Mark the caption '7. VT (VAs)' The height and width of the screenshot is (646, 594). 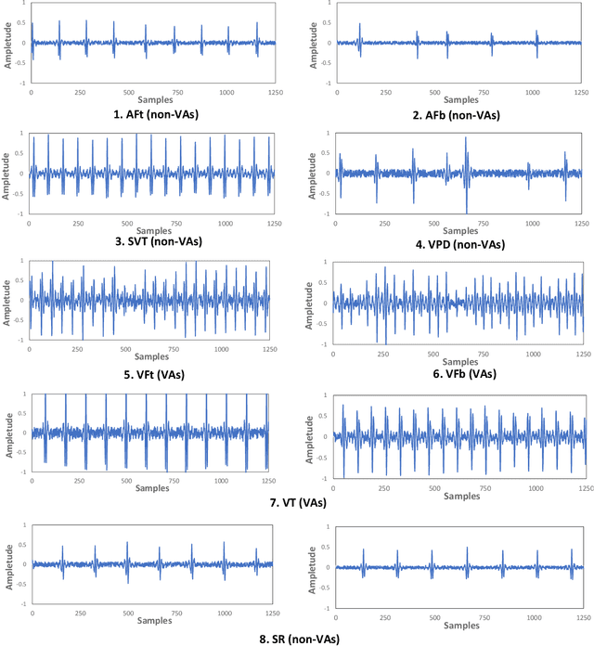(299, 502)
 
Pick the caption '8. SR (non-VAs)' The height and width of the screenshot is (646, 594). (299, 639)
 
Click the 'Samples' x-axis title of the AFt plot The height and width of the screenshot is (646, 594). (155, 98)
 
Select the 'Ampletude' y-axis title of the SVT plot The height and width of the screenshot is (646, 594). (10, 173)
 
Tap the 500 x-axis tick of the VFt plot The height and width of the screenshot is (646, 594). (127, 350)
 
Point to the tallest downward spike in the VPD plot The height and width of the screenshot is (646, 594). (466, 212)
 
